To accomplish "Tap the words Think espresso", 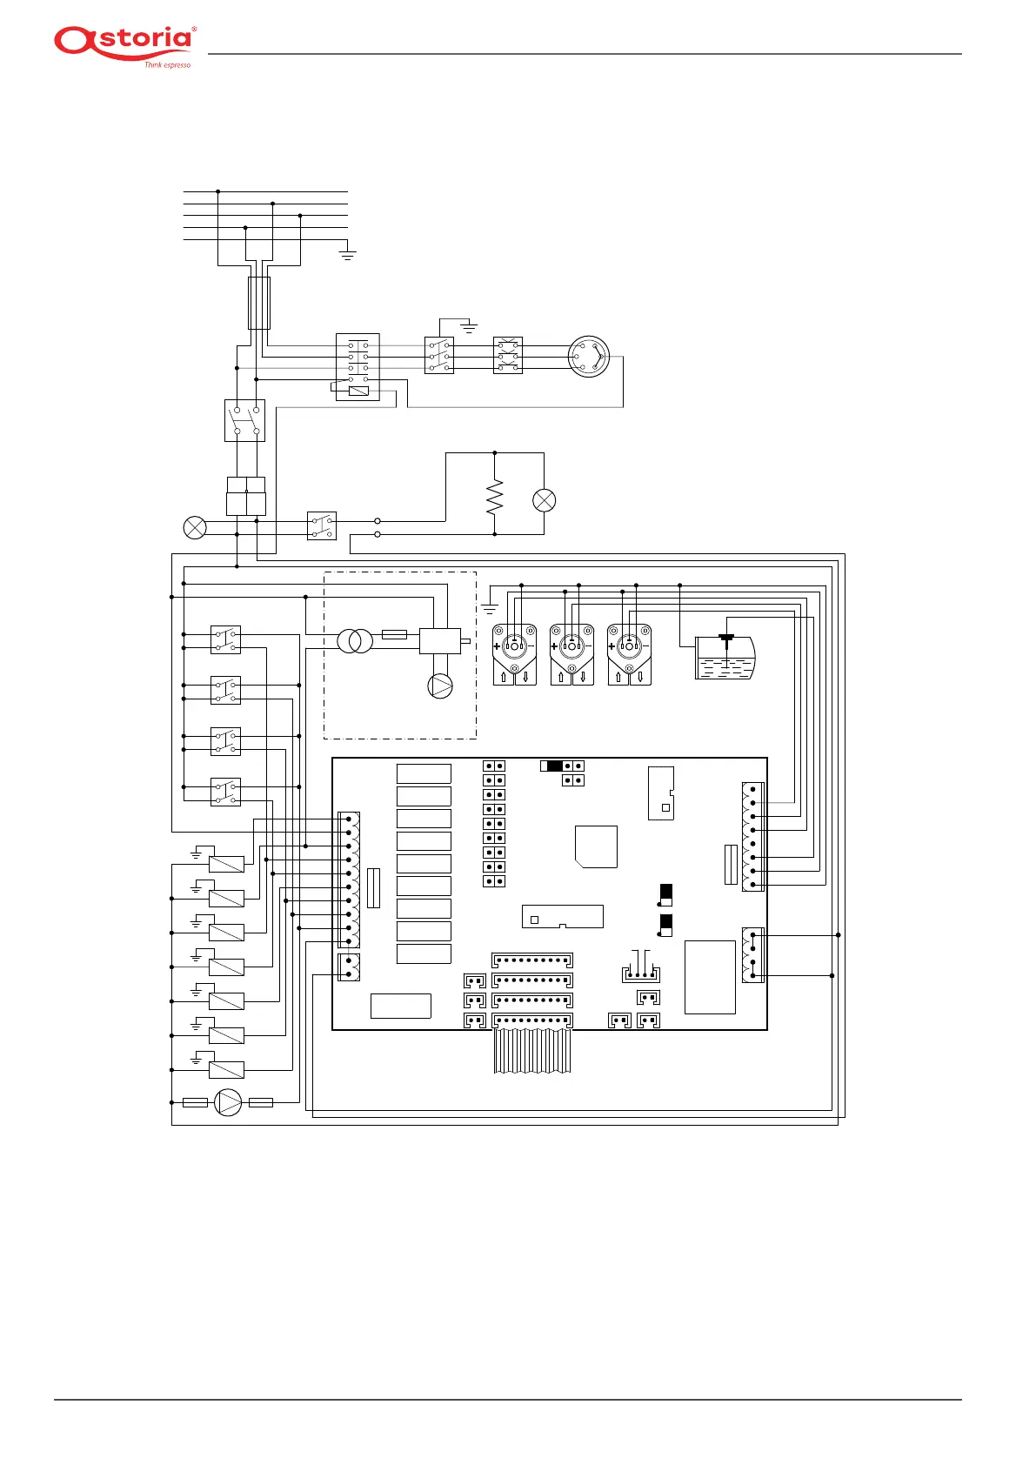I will coord(167,65).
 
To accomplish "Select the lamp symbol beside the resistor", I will coord(544,500).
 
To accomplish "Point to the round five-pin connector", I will coord(589,357).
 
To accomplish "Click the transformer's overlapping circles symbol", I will coord(355,642).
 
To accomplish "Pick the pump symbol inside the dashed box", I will coord(440,686).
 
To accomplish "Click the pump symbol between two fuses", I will coord(228,1103).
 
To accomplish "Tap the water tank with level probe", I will coord(725,657).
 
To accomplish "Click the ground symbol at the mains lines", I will coord(348,255).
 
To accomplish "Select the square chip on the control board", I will coord(596,846).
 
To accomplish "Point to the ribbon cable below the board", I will coord(532,1051).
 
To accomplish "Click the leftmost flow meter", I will coord(514,654).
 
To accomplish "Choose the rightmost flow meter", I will coord(629,654).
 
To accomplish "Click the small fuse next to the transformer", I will coord(394,634).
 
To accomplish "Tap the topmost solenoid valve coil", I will coord(226,864).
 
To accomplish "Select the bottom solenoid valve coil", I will coord(226,1070).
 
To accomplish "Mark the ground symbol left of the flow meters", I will coord(490,609).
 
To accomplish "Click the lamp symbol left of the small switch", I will coord(195,527).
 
